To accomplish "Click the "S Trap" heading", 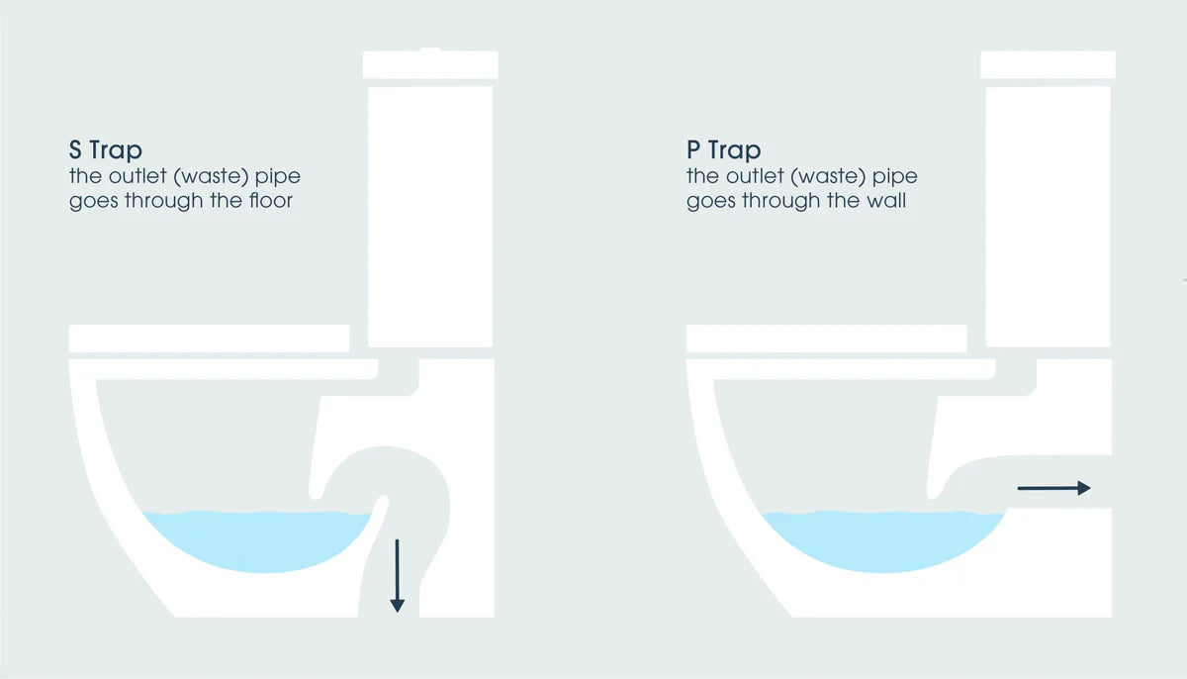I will point(106,150).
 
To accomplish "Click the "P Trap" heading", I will point(723,150).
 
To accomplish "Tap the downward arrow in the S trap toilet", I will point(397,574).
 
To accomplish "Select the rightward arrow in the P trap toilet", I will point(1053,487).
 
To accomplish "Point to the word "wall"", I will point(887,203).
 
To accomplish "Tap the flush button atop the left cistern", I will point(431,48).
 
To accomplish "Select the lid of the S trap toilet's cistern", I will point(430,65).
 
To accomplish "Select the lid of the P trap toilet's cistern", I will point(1049,65).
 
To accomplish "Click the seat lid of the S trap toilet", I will point(209,338).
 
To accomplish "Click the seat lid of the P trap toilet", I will point(826,338).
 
